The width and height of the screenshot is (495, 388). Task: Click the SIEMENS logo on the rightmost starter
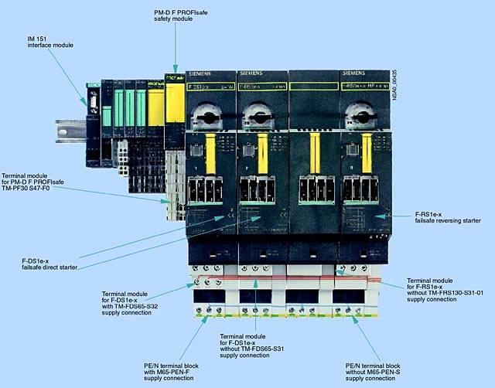pos(353,73)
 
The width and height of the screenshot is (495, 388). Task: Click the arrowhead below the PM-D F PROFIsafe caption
pos(176,70)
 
